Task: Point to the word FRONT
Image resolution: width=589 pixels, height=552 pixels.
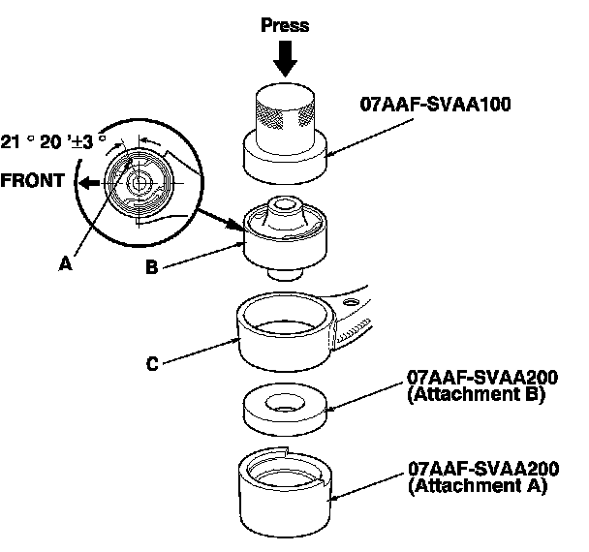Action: [31, 181]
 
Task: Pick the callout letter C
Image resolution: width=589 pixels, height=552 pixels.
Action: [151, 365]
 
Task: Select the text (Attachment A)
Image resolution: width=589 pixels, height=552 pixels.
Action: [478, 487]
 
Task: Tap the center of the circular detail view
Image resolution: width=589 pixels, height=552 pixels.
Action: [139, 181]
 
